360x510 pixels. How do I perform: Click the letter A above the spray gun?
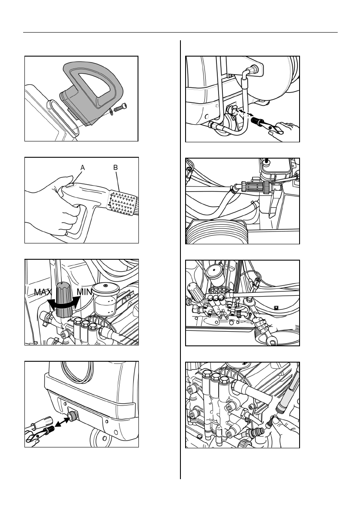click(x=83, y=168)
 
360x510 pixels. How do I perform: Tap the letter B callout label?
click(x=115, y=168)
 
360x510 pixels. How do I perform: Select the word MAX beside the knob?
click(x=43, y=292)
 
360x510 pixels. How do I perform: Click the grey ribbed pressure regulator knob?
click(x=63, y=300)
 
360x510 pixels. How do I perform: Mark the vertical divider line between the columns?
click(x=180, y=257)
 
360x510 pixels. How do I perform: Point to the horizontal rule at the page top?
click(x=180, y=33)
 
